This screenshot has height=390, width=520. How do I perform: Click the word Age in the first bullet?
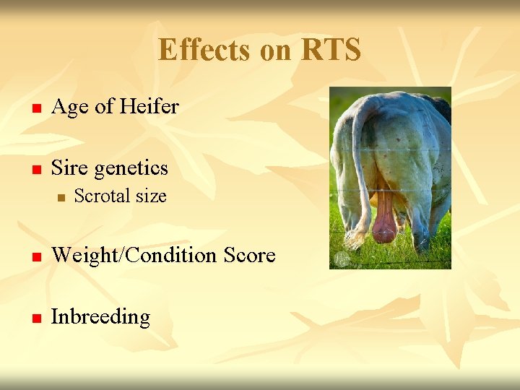[70, 107]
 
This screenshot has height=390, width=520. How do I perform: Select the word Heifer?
[149, 107]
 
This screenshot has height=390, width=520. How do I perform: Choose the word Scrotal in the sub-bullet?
[102, 196]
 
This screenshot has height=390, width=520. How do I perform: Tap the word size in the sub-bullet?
[150, 196]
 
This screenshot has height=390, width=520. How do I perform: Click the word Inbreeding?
[100, 317]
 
